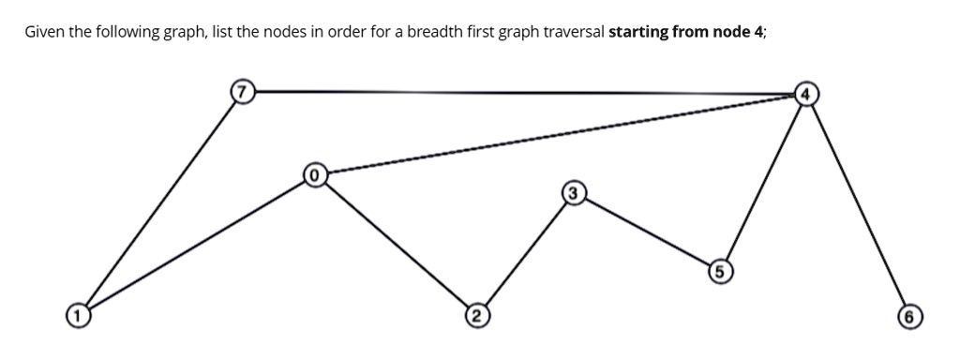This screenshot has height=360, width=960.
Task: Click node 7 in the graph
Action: pos(244,92)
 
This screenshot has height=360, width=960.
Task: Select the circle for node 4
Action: pos(806,93)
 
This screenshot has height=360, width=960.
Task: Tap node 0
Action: pos(315,173)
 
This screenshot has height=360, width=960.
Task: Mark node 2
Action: pos(476,313)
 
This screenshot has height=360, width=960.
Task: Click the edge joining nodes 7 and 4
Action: pos(525,92)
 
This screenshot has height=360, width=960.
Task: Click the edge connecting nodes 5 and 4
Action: pos(761,183)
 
